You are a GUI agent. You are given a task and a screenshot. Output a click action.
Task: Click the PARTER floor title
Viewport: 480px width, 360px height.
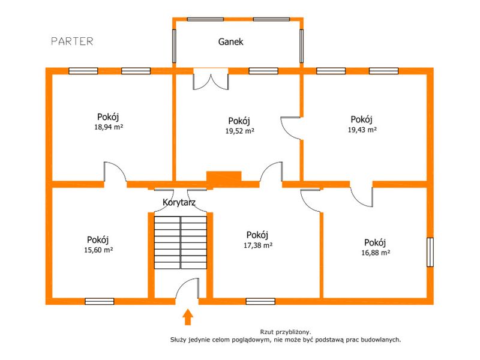pos(72,41)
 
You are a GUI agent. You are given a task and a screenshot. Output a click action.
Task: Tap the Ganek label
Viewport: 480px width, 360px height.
pos(231,41)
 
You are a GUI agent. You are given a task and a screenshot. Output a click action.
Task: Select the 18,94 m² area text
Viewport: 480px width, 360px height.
pos(109,127)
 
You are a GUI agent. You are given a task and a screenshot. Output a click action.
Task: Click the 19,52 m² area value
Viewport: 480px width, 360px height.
pos(239,131)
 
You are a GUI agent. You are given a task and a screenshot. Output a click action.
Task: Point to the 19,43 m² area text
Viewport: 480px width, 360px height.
pos(362,130)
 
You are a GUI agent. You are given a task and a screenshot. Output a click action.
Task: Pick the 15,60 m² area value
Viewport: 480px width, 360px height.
pos(98,250)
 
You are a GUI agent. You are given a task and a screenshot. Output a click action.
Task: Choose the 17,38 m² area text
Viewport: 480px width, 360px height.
pos(258,245)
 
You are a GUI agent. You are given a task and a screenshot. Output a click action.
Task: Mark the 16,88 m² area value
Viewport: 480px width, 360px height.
pos(376,253)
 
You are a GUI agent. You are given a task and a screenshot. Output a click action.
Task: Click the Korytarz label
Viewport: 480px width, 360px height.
pos(179,202)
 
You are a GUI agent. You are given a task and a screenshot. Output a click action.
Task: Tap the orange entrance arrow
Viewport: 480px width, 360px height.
pos(188,317)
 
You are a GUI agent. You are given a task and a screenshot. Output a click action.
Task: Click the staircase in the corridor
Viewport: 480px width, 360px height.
pos(181,242)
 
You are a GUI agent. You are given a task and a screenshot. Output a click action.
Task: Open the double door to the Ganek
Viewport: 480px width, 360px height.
pos(211,79)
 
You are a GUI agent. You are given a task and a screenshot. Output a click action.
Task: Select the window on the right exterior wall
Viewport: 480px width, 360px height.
pos(430,252)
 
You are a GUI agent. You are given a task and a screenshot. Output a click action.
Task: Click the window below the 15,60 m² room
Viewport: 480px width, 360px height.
pos(100,302)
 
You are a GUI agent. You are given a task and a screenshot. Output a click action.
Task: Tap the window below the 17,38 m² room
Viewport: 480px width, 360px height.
pos(260,302)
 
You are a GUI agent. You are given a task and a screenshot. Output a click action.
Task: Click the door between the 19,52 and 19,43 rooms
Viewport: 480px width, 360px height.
pos(290,128)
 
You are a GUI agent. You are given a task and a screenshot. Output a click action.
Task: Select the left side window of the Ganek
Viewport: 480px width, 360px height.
pos(174,46)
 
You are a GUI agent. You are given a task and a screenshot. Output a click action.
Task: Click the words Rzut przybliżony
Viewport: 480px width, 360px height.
pos(286,332)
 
